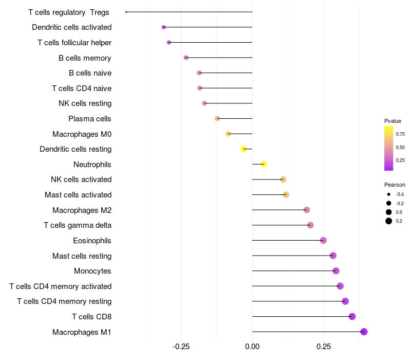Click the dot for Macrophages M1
364,332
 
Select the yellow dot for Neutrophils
264,164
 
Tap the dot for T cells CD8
352,316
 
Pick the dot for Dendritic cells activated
163,27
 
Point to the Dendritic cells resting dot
244,149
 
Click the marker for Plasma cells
217,119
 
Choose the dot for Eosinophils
323,240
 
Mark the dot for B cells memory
186,58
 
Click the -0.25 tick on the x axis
181,347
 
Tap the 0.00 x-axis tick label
252,347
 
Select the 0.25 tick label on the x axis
323,347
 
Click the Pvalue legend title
393,121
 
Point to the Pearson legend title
395,185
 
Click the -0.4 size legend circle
389,194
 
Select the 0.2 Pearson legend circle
389,221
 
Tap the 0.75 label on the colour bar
400,134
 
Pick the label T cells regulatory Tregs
69,12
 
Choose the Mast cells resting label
82,256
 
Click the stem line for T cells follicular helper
211,42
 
